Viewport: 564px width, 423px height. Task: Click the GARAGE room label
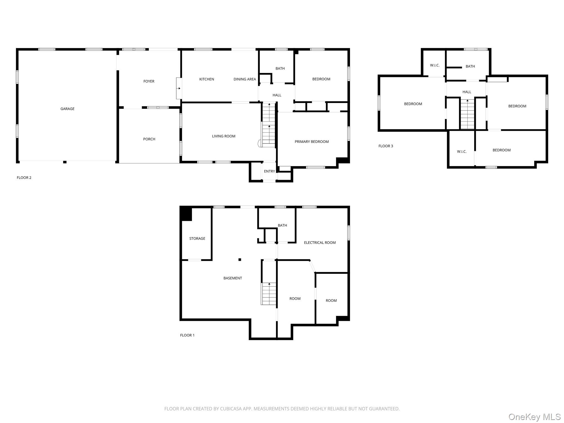(67, 109)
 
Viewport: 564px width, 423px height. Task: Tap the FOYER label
(149, 81)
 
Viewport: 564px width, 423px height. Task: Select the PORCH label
(149, 139)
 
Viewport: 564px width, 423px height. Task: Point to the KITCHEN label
(207, 79)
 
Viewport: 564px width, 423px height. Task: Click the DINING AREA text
(245, 79)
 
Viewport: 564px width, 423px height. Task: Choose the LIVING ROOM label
(224, 136)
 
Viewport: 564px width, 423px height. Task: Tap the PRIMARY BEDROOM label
(311, 142)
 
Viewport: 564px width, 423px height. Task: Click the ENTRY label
(269, 171)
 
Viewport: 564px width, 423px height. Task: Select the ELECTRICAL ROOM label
(320, 243)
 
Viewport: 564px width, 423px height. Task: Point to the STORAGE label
(197, 238)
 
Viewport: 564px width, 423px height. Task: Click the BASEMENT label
(233, 278)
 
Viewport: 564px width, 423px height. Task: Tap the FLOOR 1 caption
(187, 335)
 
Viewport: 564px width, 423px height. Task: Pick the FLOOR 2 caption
(24, 178)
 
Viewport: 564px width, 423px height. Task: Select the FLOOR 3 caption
(386, 146)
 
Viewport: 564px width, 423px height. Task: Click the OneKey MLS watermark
(535, 417)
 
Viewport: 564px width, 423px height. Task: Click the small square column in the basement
(240, 259)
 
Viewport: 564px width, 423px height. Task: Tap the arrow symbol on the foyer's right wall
(179, 88)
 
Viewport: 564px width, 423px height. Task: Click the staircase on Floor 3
(467, 114)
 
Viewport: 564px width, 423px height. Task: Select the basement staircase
(269, 294)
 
